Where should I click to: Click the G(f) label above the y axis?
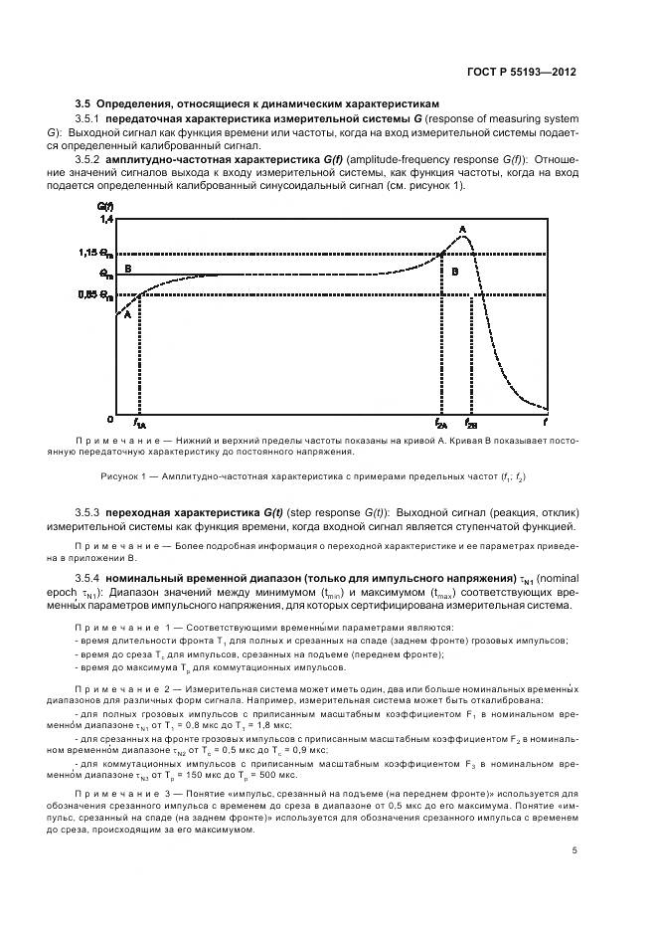pyautogui.click(x=104, y=205)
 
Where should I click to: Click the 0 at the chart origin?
pyautogui.click(x=110, y=418)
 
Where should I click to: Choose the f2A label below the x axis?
pyautogui.click(x=442, y=423)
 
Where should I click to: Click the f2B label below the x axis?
pyautogui.click(x=471, y=423)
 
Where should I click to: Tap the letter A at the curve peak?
pyautogui.click(x=462, y=230)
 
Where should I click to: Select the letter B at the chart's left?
pyautogui.click(x=126, y=269)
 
